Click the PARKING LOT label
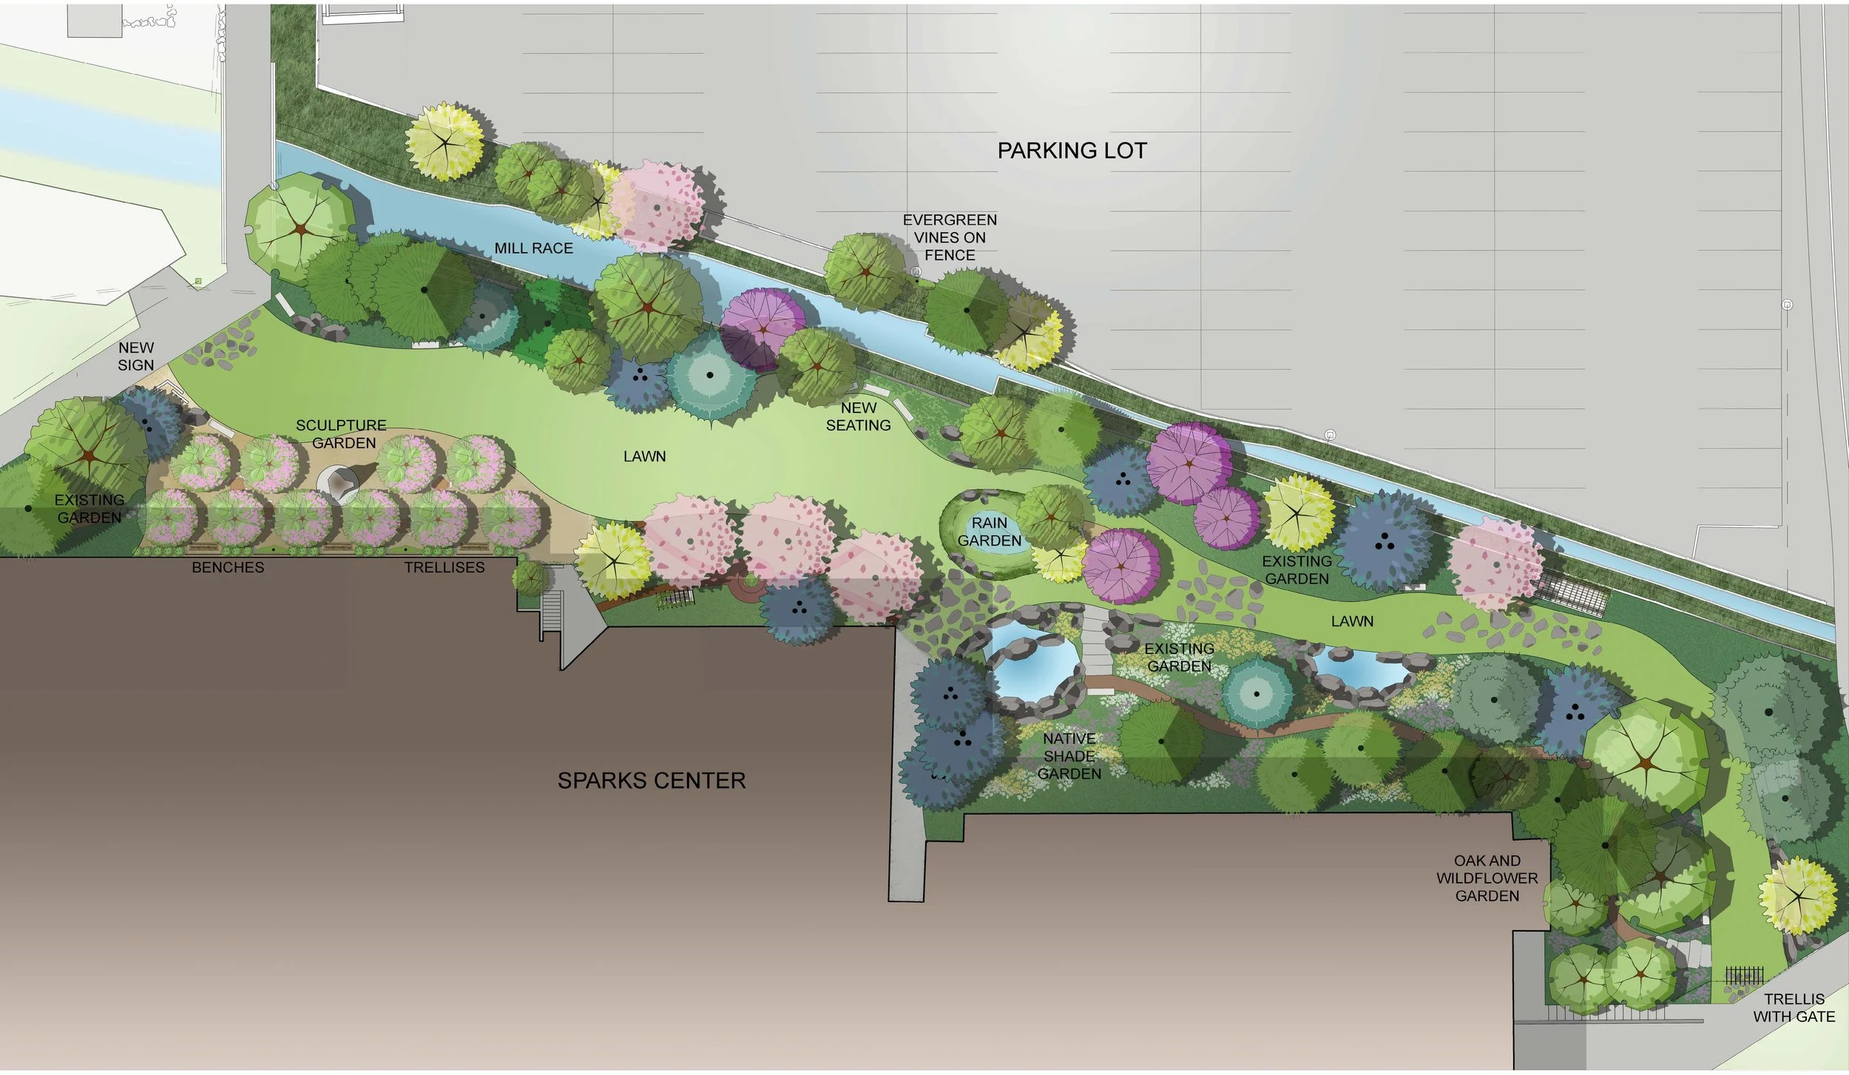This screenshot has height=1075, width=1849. [1072, 151]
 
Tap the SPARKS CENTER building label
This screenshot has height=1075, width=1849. [651, 780]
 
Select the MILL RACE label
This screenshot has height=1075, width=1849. [533, 248]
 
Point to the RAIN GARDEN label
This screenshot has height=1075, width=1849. [989, 532]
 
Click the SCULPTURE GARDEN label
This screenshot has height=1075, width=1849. [342, 434]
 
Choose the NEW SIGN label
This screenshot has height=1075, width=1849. [136, 356]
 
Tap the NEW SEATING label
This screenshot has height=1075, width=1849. [858, 416]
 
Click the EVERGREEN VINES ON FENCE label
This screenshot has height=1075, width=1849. [950, 237]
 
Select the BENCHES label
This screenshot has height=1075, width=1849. [228, 567]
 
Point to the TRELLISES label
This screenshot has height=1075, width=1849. [444, 567]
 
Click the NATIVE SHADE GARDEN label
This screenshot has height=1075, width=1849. [1069, 756]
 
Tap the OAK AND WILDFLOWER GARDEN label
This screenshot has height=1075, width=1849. [1487, 878]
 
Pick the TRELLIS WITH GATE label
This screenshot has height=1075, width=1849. [1794, 1007]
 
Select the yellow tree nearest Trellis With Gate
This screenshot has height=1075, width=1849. [1797, 895]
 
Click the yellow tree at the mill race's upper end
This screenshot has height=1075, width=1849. [444, 140]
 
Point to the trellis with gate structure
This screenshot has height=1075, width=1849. [1743, 976]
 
